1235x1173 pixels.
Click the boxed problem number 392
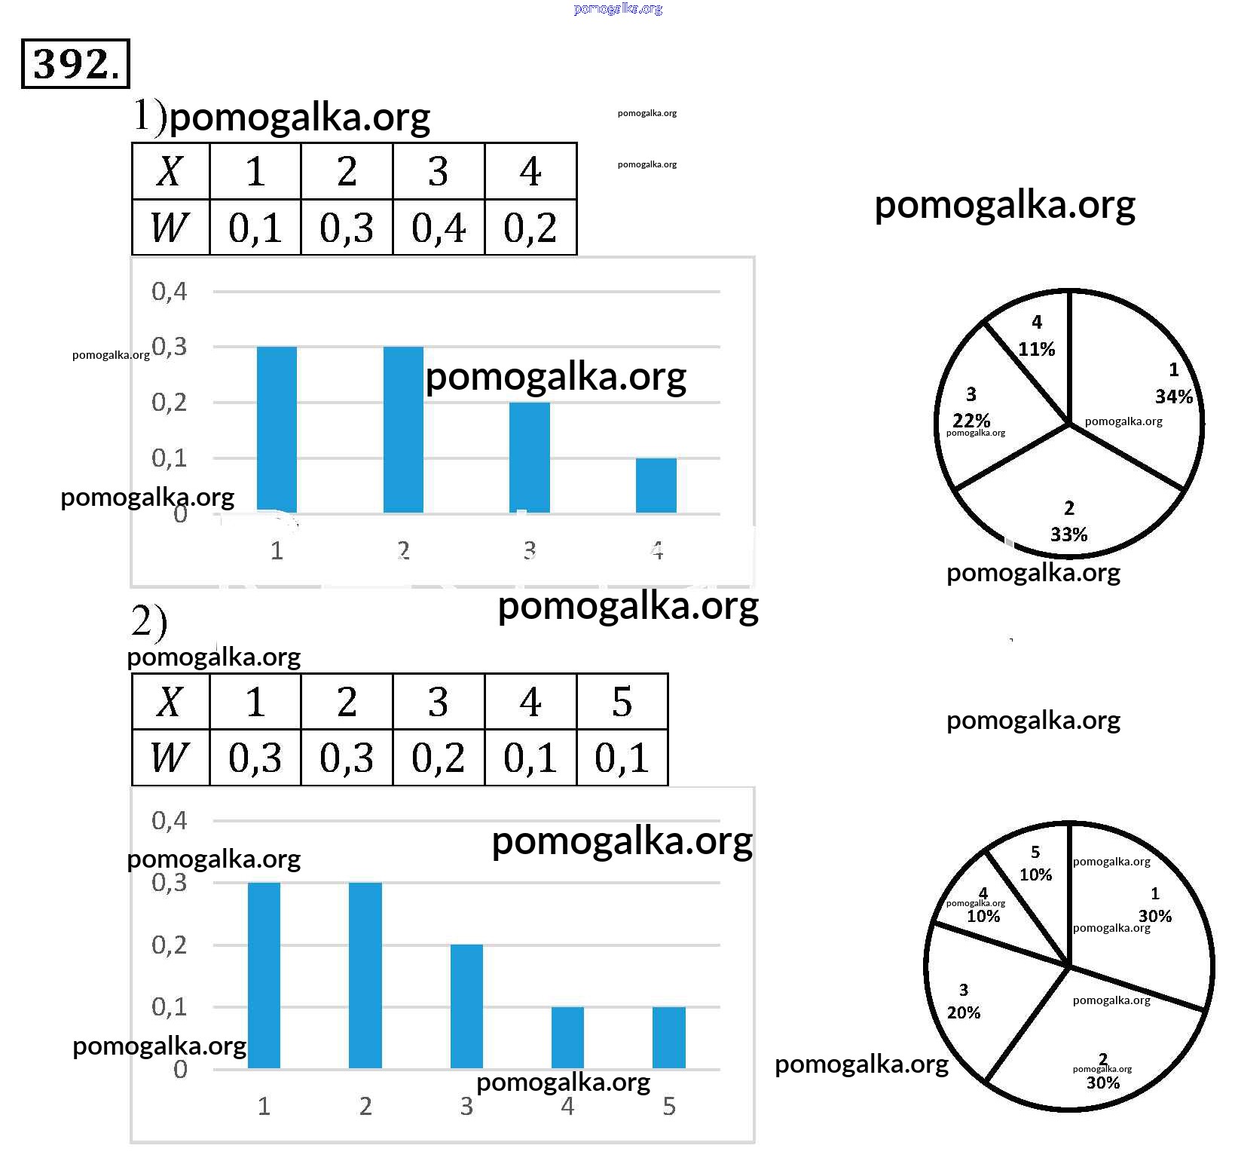[75, 64]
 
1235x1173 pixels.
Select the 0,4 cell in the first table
[439, 228]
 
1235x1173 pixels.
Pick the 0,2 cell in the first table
[530, 228]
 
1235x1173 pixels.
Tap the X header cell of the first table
[170, 171]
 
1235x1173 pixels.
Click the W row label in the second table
[170, 758]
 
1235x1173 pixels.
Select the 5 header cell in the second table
[622, 702]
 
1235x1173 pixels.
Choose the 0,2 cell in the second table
[439, 758]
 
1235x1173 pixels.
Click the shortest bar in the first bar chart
[656, 485]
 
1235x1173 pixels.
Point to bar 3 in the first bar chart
[529, 458]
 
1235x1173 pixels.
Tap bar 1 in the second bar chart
[264, 975]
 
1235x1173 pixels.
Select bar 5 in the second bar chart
[668, 1037]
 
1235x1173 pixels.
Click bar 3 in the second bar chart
[466, 1006]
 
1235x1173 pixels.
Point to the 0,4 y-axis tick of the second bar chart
[170, 820]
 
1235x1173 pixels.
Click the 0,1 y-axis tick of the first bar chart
[170, 458]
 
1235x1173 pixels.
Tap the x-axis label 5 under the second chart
[669, 1106]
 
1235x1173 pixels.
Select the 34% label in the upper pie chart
[1173, 396]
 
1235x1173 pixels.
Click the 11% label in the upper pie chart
[1037, 348]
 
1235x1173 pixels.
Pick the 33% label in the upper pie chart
[1068, 534]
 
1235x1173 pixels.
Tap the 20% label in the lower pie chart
[964, 1012]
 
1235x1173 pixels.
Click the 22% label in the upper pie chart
[971, 419]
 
